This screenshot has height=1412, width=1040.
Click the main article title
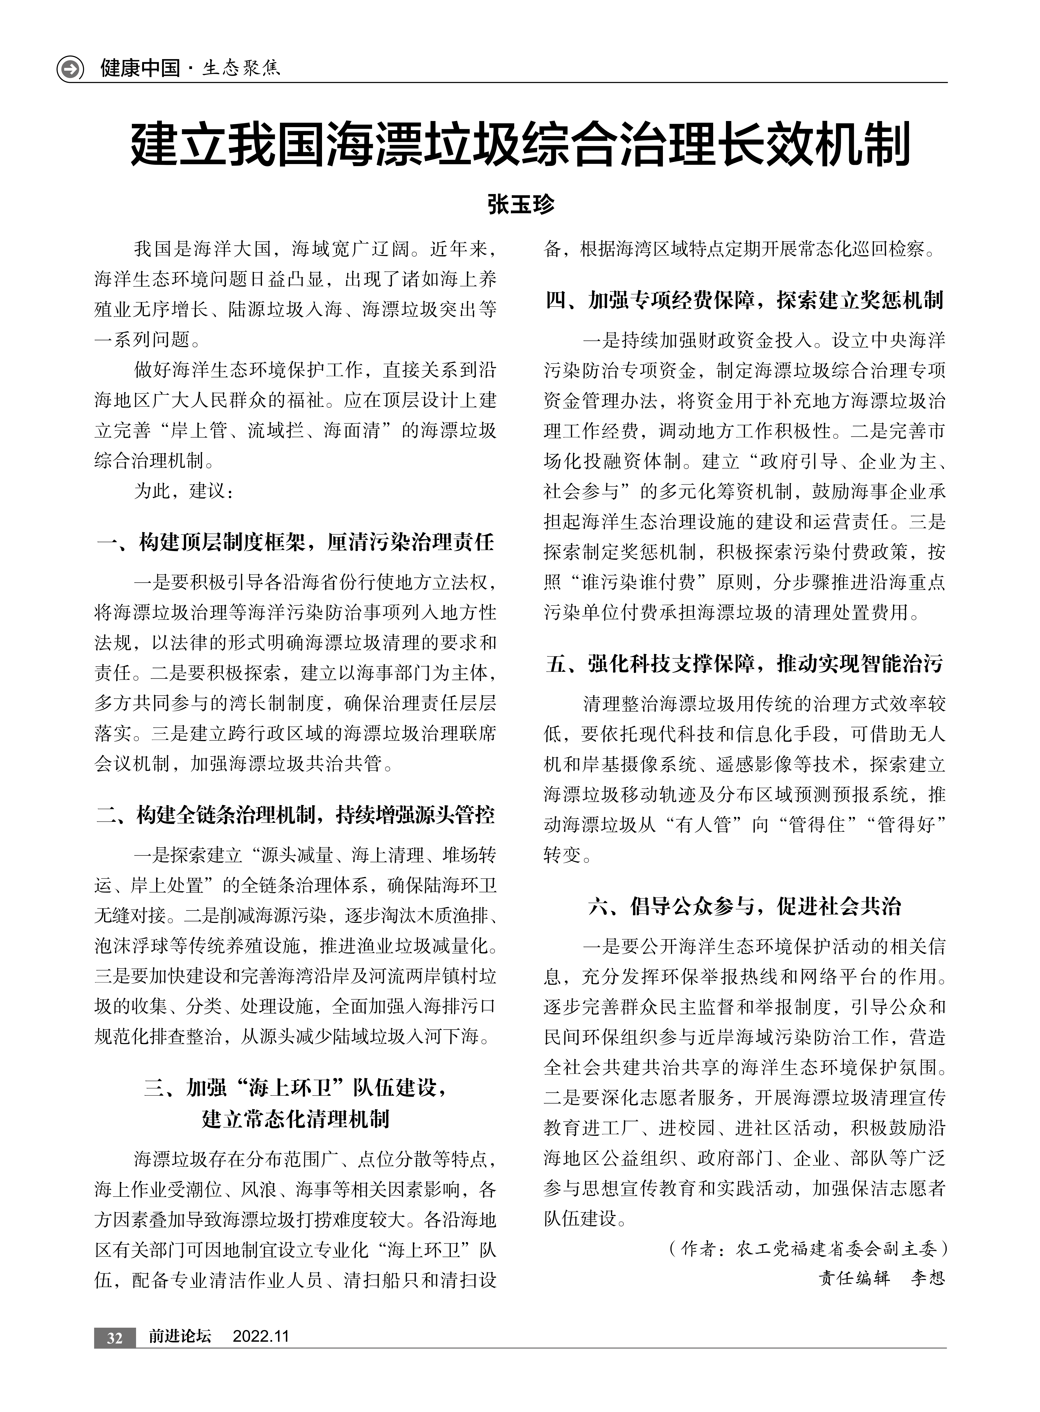point(520,146)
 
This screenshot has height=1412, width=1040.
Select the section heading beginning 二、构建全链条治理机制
point(295,815)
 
